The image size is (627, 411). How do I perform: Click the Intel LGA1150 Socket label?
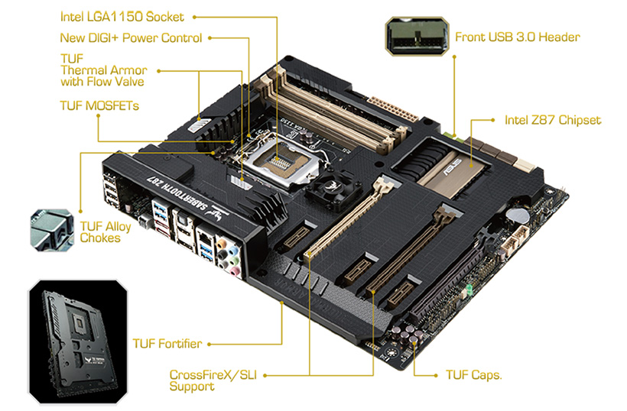[122, 17]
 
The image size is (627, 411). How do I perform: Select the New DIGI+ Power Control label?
[132, 38]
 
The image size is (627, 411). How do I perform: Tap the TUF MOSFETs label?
[99, 105]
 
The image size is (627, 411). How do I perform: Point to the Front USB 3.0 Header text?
[518, 37]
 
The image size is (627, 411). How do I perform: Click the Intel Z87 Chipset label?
[553, 120]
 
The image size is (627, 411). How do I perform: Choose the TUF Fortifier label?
[167, 344]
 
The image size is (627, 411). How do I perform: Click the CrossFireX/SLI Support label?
[213, 380]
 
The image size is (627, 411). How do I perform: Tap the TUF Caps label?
[474, 374]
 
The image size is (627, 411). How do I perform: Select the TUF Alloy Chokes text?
[106, 232]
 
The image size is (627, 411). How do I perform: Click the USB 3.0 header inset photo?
[417, 36]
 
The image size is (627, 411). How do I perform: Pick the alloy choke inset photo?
[52, 230]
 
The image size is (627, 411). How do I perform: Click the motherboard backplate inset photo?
[78, 341]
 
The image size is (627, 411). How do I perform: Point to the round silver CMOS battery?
[518, 215]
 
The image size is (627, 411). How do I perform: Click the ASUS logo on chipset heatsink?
[452, 168]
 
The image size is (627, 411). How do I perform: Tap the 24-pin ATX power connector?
[392, 108]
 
